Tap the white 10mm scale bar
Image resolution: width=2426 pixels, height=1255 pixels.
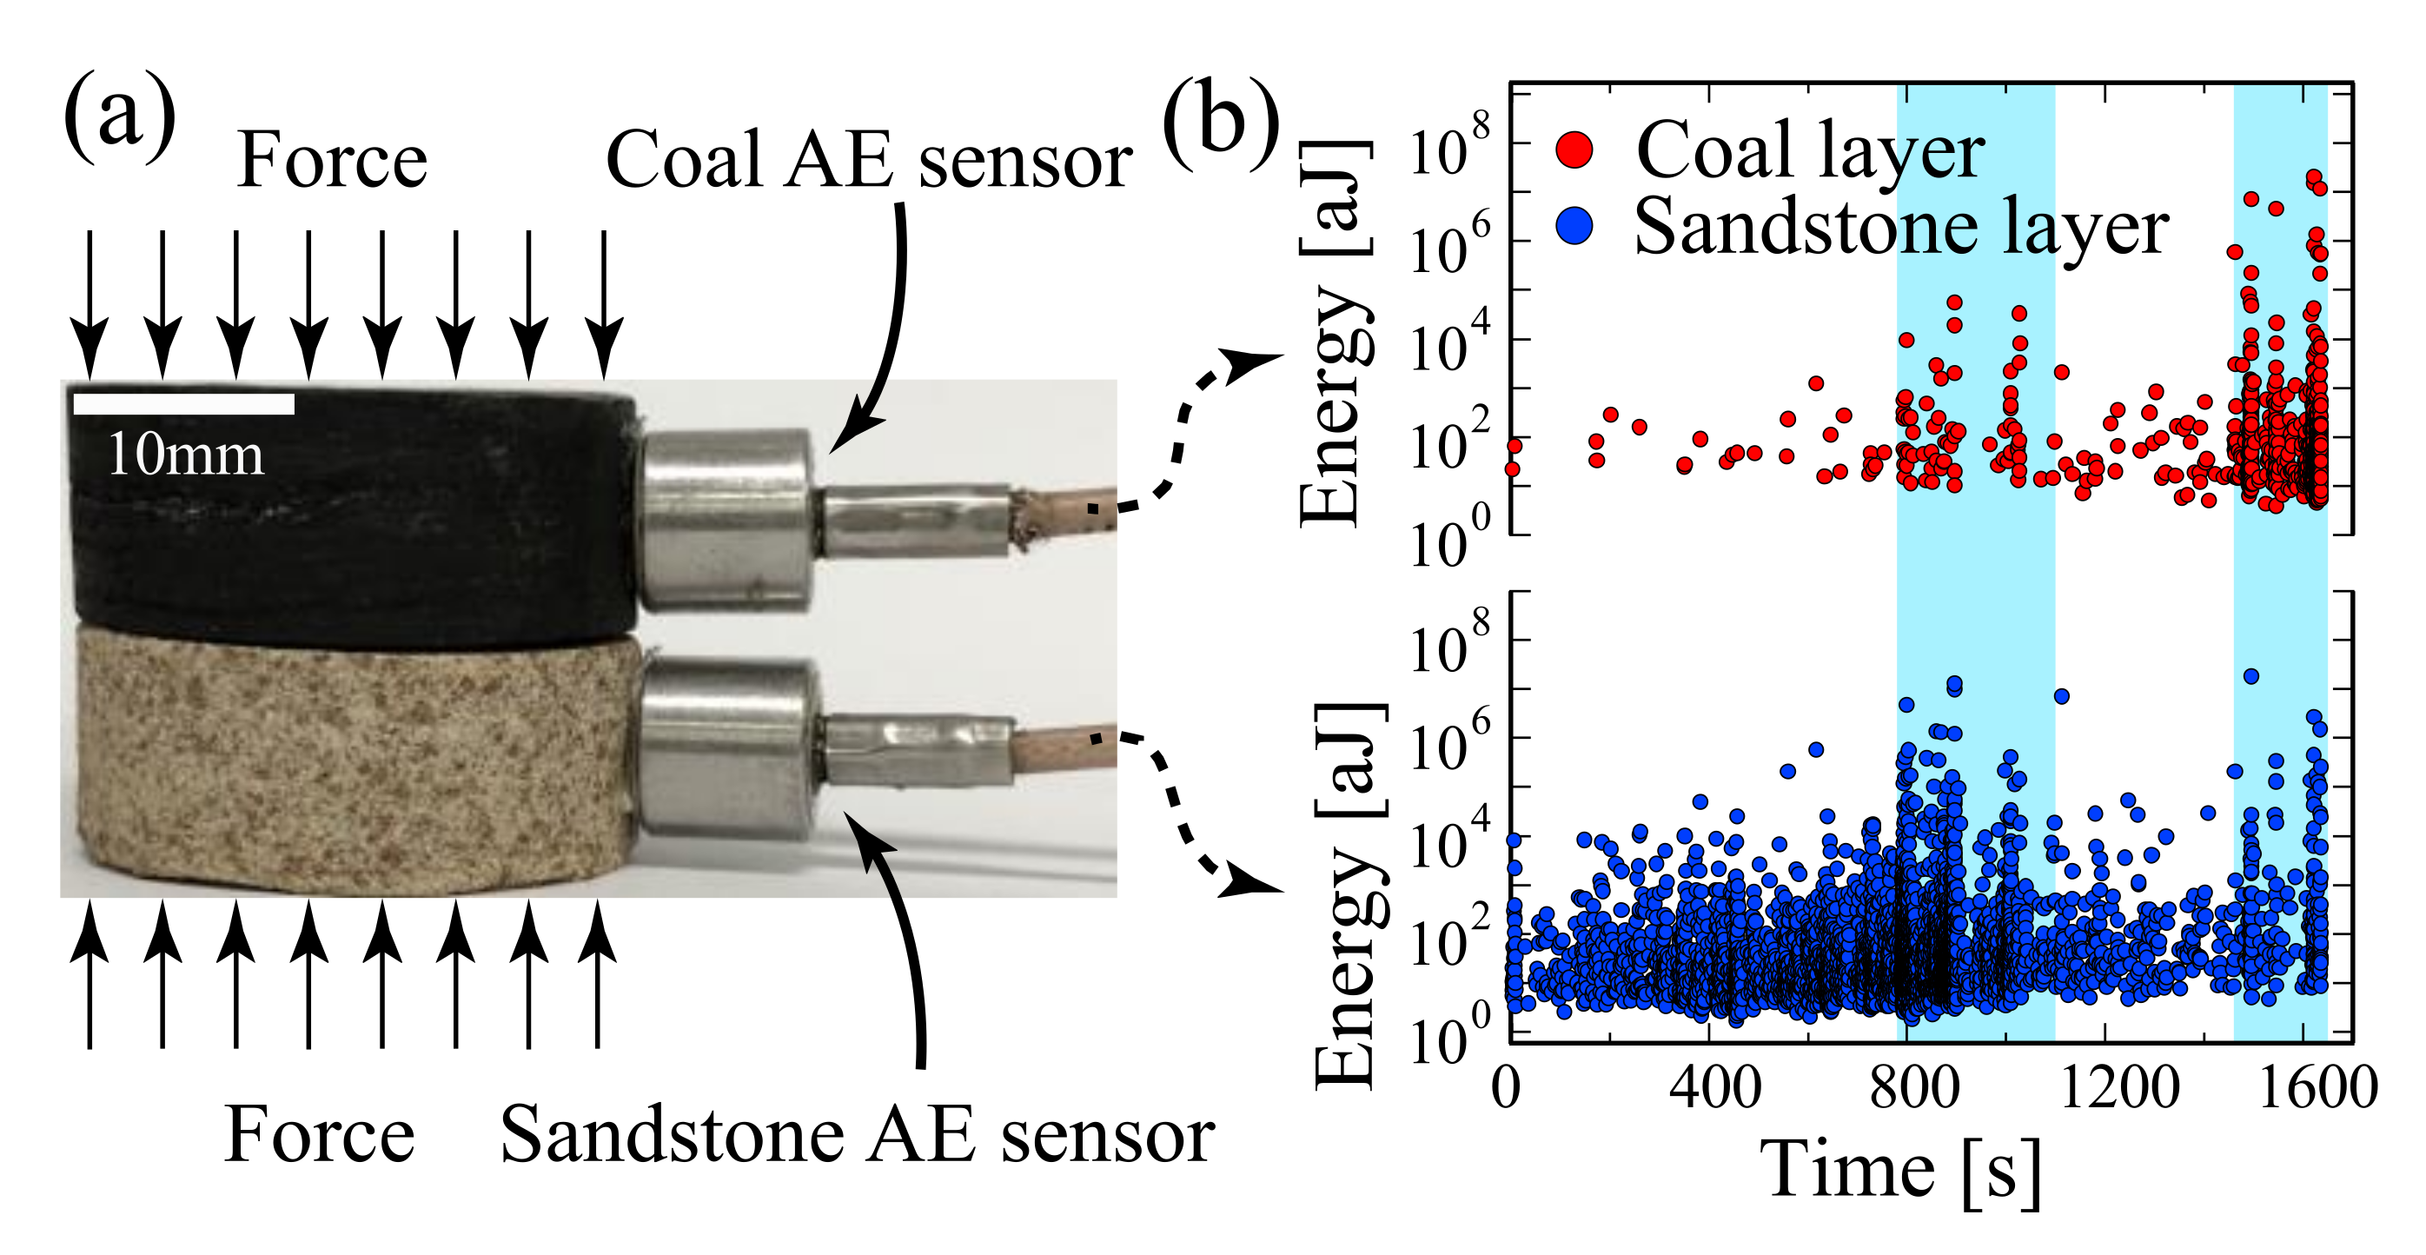click(183, 404)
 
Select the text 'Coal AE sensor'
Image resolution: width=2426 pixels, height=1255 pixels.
click(868, 160)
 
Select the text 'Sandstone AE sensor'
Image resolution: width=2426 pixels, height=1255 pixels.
click(856, 1135)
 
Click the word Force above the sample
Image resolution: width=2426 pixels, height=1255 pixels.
click(332, 160)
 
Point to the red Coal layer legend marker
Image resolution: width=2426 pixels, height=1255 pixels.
click(1574, 149)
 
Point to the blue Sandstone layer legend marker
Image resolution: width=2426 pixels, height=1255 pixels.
click(1574, 227)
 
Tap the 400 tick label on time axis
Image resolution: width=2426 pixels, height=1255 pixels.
click(1715, 1088)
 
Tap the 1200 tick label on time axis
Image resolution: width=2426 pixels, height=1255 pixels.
click(2120, 1088)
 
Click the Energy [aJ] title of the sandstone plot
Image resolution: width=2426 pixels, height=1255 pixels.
click(1345, 895)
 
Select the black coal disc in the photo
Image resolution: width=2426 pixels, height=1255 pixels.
click(348, 518)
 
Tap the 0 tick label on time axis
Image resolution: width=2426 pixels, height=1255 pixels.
click(1507, 1088)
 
